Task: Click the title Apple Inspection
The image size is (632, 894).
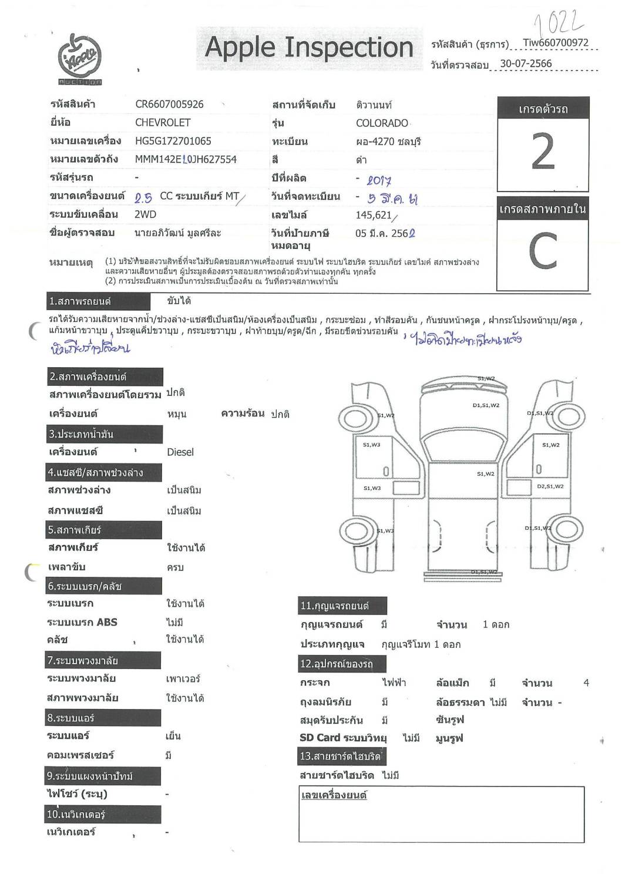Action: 309,48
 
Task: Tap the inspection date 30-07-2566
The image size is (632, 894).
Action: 526,63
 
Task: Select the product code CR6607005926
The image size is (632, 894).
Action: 169,105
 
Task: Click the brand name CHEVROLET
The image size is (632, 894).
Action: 163,123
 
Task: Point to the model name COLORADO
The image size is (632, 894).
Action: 382,123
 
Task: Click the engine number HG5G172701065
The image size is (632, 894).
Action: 173,141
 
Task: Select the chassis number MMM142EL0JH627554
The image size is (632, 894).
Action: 186,159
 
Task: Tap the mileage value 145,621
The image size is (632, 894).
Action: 374,215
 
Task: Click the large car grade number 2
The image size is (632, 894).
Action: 542,152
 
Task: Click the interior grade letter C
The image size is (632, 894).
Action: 542,251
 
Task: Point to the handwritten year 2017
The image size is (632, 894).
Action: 379,181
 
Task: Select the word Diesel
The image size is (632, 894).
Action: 180,452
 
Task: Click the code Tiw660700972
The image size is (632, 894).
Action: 555,42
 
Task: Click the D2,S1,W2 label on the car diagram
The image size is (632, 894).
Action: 550,486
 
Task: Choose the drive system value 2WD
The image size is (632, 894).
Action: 145,214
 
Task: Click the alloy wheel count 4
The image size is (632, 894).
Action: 586,683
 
